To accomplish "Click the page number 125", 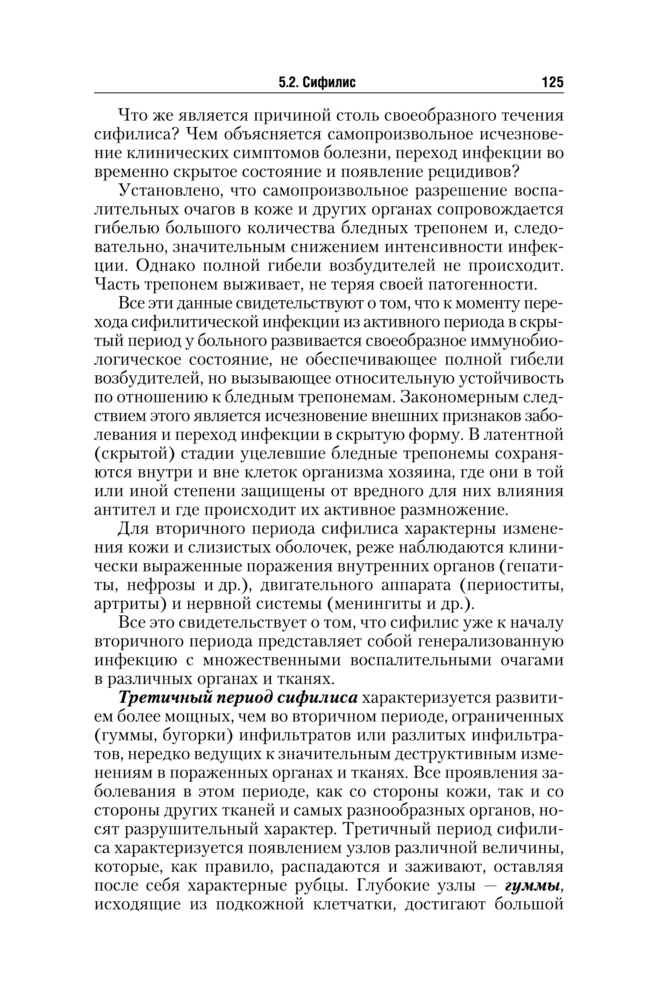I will pos(552,82).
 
